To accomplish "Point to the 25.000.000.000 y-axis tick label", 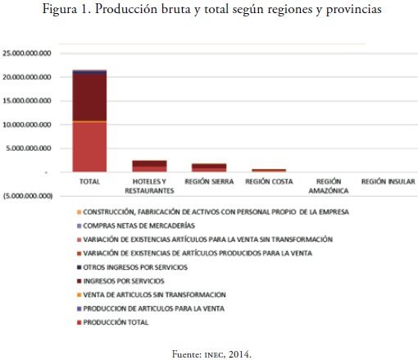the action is (27, 53).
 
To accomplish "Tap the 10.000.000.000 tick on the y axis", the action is (27, 125).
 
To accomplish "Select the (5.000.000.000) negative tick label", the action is (28, 196).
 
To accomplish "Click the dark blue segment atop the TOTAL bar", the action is (89, 72).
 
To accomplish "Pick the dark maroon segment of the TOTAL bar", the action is (89, 98).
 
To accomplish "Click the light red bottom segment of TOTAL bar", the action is (89, 147).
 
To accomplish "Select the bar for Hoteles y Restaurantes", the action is (149, 166).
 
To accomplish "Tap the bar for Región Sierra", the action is (209, 168).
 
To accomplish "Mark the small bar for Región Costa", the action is (269, 171).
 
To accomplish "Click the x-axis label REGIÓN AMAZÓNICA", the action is (329, 186).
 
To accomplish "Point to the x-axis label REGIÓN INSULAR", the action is (388, 181).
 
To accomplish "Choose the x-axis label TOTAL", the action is (89, 181).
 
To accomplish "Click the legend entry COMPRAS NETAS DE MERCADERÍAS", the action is (136, 226).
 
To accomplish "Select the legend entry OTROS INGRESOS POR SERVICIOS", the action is (132, 267).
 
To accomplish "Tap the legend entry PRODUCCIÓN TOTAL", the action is (113, 322).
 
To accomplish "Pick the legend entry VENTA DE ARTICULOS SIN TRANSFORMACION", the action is (152, 295).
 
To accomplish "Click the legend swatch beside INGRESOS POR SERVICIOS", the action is (80, 281).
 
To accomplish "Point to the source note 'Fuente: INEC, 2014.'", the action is (211, 354).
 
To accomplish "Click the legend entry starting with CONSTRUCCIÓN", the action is (213, 212).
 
